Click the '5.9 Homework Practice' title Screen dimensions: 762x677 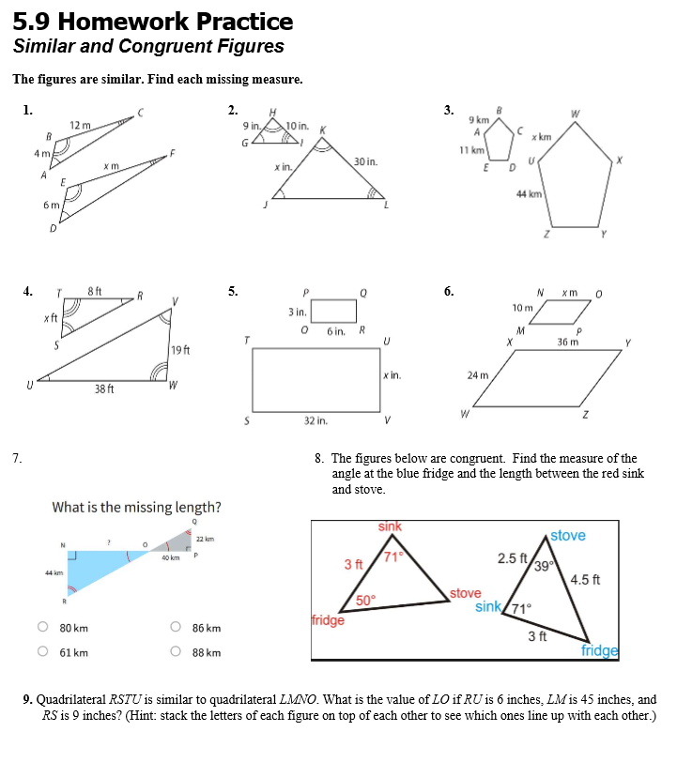(x=153, y=22)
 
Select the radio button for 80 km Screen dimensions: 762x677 (x=42, y=628)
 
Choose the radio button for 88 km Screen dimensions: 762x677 (x=176, y=653)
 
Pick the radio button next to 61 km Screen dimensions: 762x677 (x=42, y=653)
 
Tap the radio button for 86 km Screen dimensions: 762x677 (x=176, y=628)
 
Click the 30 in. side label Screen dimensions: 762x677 (x=366, y=162)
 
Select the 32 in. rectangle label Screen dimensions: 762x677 (x=315, y=421)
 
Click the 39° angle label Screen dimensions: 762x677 (x=544, y=565)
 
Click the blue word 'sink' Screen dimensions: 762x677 (x=487, y=607)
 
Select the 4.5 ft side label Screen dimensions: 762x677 (x=585, y=578)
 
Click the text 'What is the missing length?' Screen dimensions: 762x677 (x=137, y=508)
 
